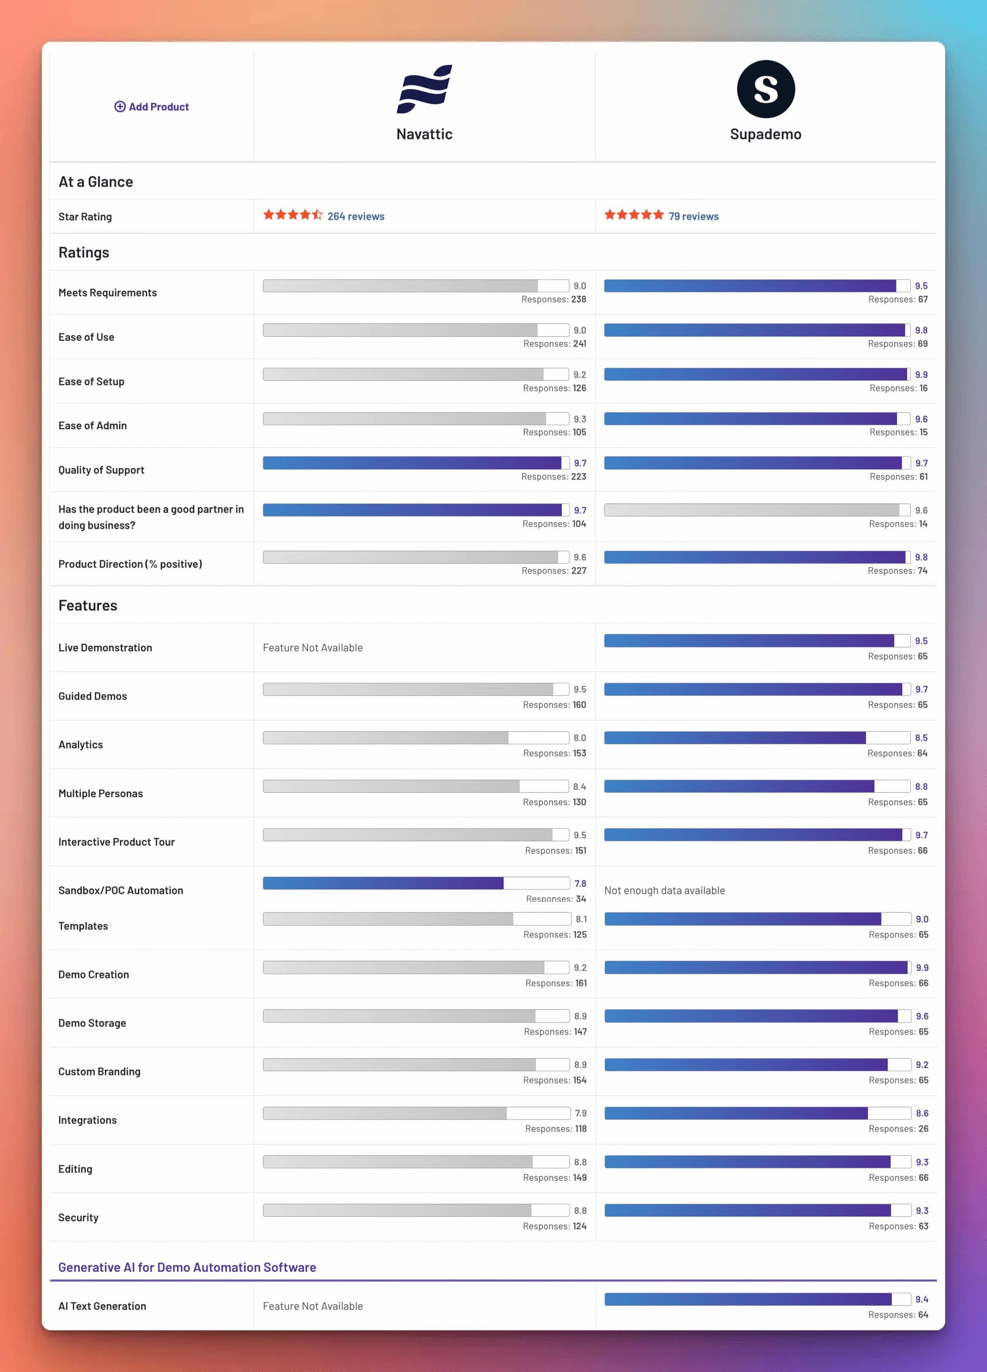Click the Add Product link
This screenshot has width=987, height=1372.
(152, 107)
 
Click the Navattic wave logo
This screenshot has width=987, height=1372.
(424, 89)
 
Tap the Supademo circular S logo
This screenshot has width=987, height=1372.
(765, 89)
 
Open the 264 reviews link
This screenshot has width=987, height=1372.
(356, 216)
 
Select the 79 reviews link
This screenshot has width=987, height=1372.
(693, 216)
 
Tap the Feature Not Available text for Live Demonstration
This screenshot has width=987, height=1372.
(313, 648)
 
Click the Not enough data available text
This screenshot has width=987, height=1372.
(664, 890)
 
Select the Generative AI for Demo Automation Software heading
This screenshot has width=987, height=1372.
(187, 1267)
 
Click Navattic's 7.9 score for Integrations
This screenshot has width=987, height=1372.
(580, 1113)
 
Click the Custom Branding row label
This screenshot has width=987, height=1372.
(99, 1071)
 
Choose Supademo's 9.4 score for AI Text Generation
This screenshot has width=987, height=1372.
(921, 1300)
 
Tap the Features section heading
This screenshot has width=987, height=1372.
(88, 606)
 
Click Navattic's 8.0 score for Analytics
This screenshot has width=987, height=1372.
(579, 738)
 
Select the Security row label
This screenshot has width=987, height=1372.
(78, 1218)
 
